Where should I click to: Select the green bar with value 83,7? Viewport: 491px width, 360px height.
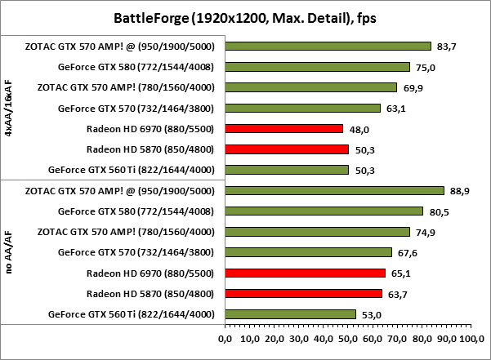coord(328,47)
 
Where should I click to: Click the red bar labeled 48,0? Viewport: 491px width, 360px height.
coord(283,128)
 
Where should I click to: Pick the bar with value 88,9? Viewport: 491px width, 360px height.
coord(334,190)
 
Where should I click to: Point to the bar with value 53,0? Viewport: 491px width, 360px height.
coord(290,313)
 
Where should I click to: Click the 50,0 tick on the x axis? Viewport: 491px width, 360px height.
coord(348,337)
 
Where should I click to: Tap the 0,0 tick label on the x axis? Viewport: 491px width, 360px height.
coord(225,337)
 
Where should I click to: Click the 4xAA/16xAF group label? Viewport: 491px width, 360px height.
coord(9,108)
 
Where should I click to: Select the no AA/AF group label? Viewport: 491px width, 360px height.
coord(9,252)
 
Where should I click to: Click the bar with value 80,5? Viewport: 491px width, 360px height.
coord(324,211)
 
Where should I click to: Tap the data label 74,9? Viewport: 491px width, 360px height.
coord(426,232)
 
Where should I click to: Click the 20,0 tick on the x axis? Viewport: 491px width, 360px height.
coord(275,337)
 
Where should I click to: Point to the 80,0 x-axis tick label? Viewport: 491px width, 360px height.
coord(422,337)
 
